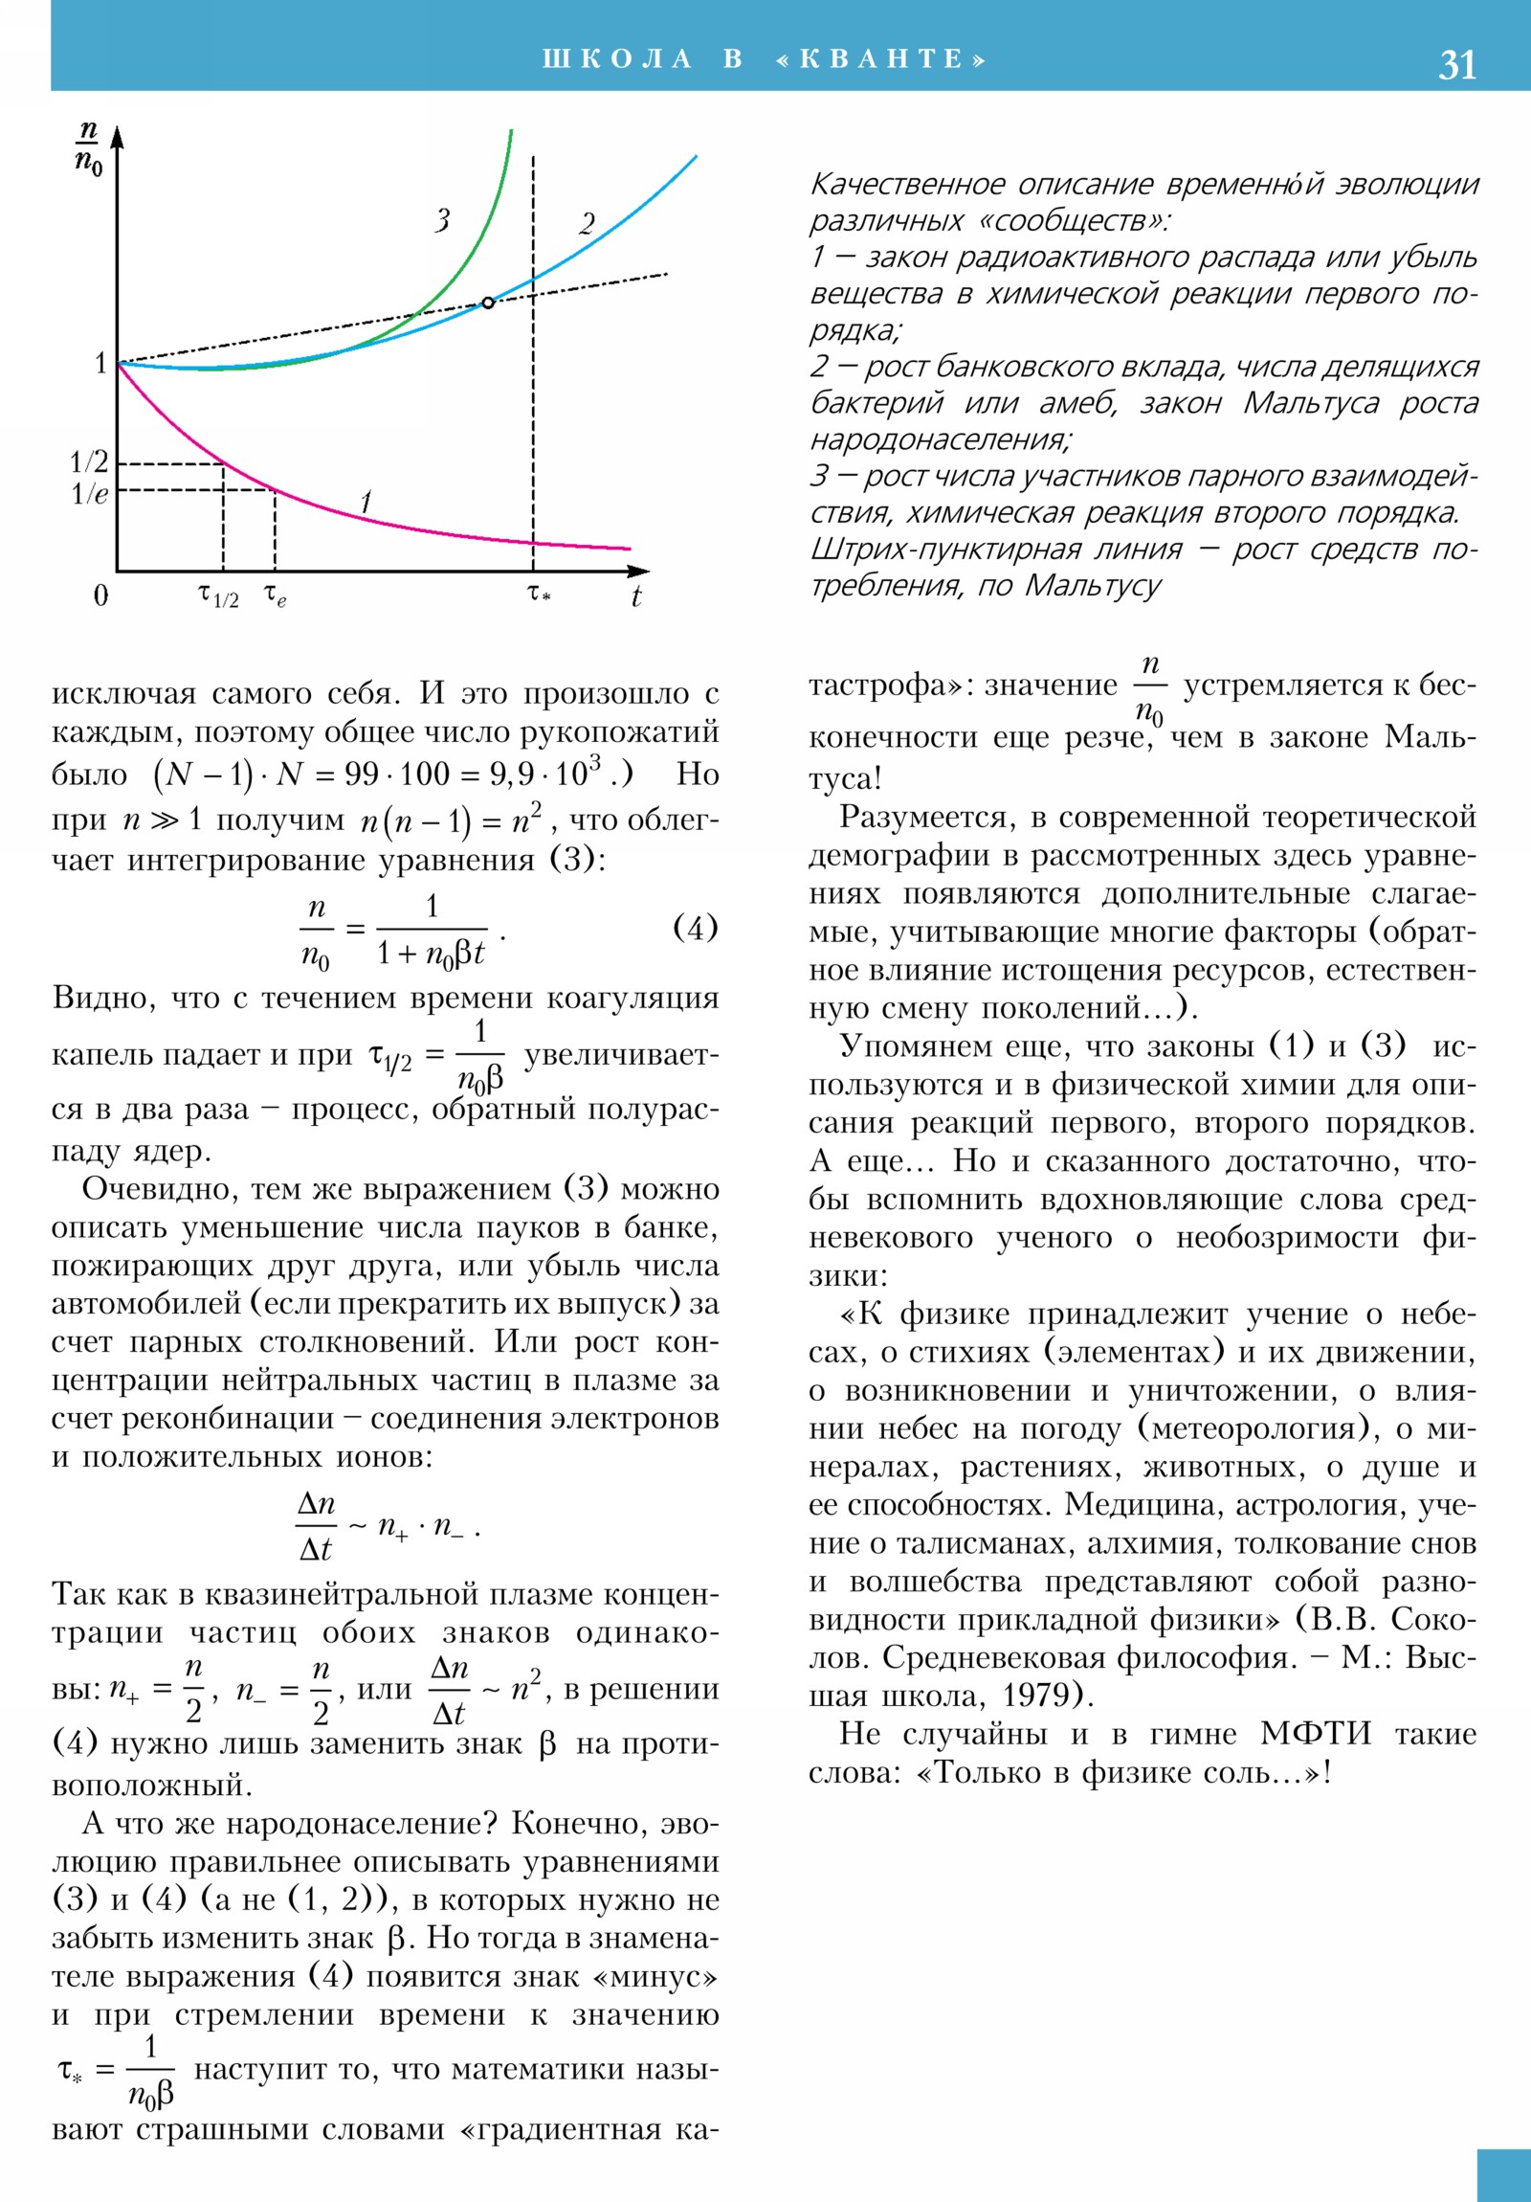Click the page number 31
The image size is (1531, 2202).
(x=1456, y=65)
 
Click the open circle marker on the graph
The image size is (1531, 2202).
(x=488, y=303)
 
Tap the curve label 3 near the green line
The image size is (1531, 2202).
(x=442, y=220)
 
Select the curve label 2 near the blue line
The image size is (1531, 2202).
(x=587, y=223)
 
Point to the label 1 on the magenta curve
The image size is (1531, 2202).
(x=366, y=501)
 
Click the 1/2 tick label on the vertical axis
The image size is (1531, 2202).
(x=89, y=462)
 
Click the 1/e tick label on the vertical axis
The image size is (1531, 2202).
(x=89, y=494)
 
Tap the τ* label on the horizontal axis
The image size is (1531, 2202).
(x=539, y=595)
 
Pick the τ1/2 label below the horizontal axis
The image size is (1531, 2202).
(x=218, y=596)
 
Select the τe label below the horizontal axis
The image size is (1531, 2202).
(x=276, y=596)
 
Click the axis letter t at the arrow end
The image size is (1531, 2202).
(x=635, y=596)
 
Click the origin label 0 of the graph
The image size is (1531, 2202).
(x=100, y=595)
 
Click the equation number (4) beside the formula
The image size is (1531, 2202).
(x=695, y=928)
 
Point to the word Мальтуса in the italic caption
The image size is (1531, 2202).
(x=1311, y=403)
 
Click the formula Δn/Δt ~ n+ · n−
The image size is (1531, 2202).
(x=388, y=1526)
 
